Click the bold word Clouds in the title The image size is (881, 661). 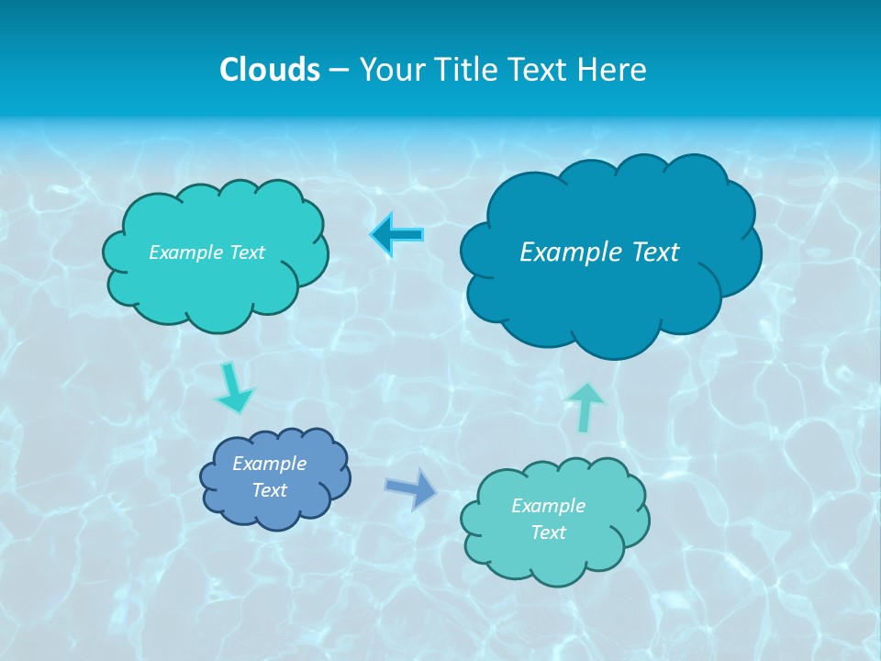click(x=270, y=70)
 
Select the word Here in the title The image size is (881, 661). click(x=614, y=70)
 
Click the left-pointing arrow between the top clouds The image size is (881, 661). click(x=398, y=235)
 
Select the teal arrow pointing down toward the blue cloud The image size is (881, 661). click(x=235, y=388)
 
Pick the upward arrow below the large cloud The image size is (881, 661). click(x=585, y=406)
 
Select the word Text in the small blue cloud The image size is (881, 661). click(x=269, y=490)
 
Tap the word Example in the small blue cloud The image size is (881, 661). click(x=269, y=464)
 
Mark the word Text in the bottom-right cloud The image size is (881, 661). click(x=548, y=532)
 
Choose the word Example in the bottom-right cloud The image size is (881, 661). click(x=548, y=506)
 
